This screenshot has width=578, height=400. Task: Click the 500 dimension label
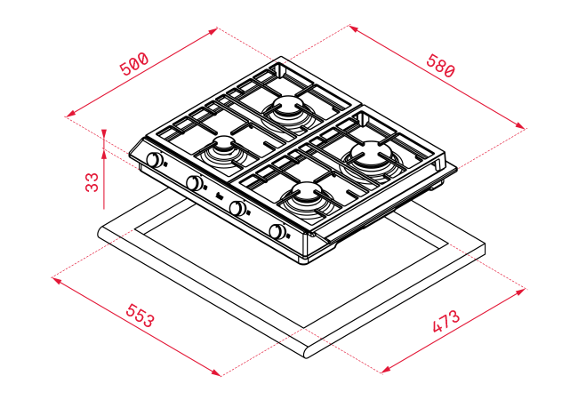click(134, 64)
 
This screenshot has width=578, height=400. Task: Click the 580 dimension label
click(441, 66)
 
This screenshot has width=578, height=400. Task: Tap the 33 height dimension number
click(92, 182)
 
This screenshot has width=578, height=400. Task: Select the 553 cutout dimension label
click(140, 316)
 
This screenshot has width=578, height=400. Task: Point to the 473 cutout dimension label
click(446, 321)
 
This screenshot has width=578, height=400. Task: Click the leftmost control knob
click(155, 160)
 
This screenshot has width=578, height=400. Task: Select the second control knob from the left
click(195, 183)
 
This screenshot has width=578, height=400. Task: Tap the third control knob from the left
click(237, 208)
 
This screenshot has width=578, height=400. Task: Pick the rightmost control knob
click(277, 231)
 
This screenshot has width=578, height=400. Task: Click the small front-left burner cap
click(222, 143)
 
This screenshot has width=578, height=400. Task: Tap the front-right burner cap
click(307, 191)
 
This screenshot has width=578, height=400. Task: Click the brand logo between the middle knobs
click(219, 196)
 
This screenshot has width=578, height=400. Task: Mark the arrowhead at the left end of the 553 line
click(56, 280)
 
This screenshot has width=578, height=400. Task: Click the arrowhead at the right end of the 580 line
click(520, 126)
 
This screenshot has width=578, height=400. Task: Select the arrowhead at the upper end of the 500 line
click(213, 30)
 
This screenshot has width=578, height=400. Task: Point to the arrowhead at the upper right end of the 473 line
click(520, 292)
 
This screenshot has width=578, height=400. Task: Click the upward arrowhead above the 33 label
click(104, 156)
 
